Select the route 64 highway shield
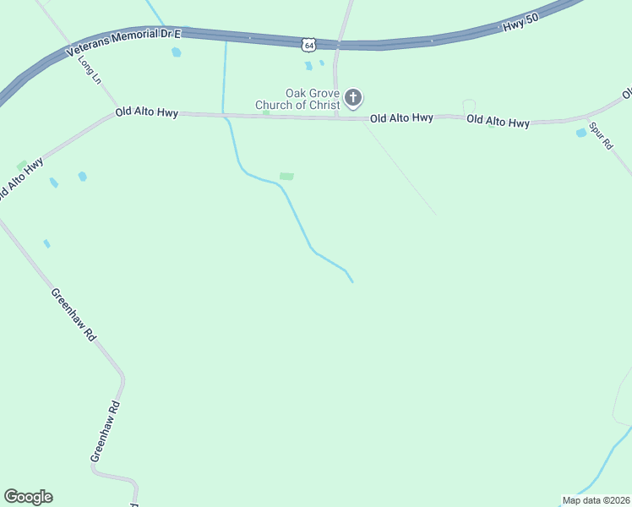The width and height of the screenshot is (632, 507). coord(309,42)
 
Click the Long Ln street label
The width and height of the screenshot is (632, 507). coord(89,68)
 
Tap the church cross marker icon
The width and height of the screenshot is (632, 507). coord(354,98)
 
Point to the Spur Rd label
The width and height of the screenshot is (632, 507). coord(600,135)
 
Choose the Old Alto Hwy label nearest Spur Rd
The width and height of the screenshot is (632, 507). coord(498,122)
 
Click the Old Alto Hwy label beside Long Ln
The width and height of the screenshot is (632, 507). coord(147,112)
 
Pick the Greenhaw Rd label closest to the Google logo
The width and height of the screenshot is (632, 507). coord(104,430)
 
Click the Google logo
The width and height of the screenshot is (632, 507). coord(29,497)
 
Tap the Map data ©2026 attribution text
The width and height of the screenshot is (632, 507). coord(596,500)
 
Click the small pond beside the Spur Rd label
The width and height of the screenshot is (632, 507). coord(580,133)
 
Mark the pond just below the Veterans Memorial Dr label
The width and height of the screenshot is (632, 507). coord(176,52)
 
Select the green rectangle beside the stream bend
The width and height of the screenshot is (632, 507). coord(286,177)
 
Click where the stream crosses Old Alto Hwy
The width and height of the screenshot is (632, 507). coord(223,114)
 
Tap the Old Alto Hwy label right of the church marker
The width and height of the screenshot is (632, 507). coord(401,118)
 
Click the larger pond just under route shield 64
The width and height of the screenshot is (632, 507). coord(308,65)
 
